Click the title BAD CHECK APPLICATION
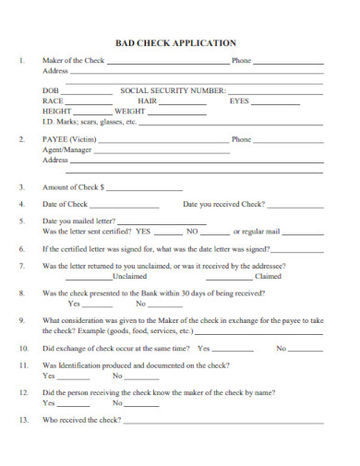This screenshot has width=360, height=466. [x=175, y=42]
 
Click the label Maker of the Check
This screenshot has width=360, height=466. [x=74, y=61]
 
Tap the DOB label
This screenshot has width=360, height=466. [x=51, y=90]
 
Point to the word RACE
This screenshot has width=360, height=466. [x=54, y=101]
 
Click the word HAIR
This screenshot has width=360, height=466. [x=148, y=101]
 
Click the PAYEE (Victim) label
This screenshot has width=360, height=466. [x=69, y=140]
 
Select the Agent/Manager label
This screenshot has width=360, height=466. [x=67, y=149]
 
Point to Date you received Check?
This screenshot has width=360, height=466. [x=224, y=204]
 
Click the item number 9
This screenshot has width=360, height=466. [x=20, y=320]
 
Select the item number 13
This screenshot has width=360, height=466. [x=21, y=420]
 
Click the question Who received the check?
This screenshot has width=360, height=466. [x=82, y=420]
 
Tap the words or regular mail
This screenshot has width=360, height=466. [x=256, y=232]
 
